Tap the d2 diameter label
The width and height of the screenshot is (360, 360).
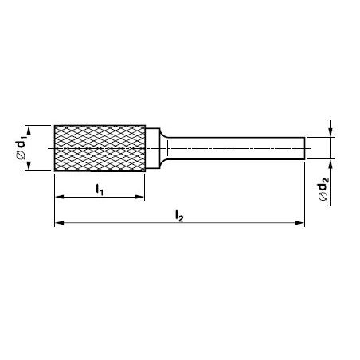pos(323,188)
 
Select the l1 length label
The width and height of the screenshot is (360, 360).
pos(100,190)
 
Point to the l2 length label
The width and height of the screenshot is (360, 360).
pos(179,215)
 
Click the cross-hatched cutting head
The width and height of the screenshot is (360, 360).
pos(100,148)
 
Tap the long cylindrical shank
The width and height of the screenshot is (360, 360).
pos(237,148)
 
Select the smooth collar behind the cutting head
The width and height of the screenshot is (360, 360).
pos(153,148)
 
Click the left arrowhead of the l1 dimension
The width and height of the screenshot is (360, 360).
pos(60,197)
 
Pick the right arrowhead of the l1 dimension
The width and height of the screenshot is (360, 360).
pos(139,197)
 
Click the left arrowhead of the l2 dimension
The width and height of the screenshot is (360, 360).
pos(60,223)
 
